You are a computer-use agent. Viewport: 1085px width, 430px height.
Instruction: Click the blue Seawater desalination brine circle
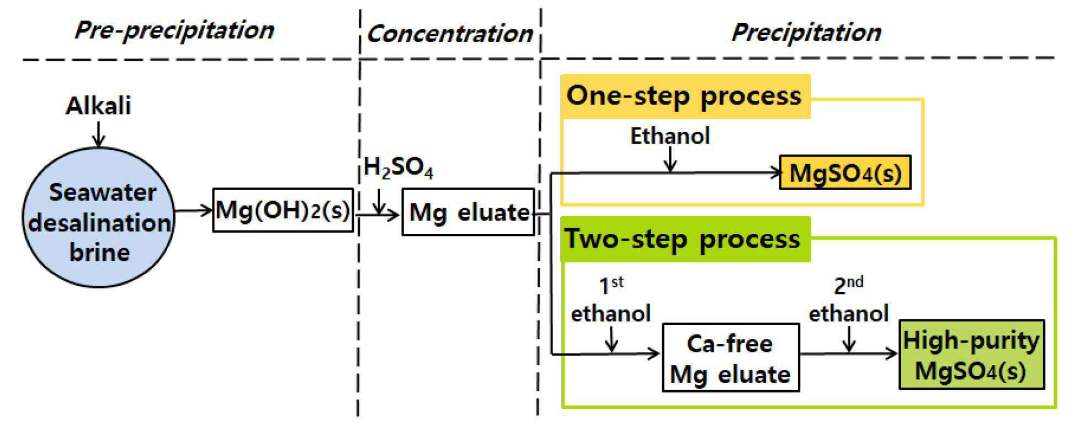point(98,218)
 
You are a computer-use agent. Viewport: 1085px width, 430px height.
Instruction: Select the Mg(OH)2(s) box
point(283,210)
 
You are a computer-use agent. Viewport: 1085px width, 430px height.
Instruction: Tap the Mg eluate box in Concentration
point(468,212)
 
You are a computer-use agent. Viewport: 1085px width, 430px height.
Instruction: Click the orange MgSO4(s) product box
point(844,173)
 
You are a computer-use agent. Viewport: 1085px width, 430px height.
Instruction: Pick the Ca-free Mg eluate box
point(730,358)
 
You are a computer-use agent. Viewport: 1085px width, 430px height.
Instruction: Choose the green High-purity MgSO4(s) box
point(971,355)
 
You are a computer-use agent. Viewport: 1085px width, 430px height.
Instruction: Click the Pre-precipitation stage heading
point(174,30)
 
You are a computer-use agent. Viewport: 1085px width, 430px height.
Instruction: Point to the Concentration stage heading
point(449,33)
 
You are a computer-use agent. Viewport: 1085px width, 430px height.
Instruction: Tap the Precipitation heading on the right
point(806,32)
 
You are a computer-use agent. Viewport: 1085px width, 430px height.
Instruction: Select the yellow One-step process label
point(684,96)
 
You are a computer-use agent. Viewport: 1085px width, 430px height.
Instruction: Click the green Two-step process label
point(683,239)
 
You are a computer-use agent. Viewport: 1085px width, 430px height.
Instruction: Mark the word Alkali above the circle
point(98,106)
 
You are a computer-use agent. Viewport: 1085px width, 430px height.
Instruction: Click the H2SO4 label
point(398,167)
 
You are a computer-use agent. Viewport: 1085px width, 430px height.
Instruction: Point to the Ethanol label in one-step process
point(670,136)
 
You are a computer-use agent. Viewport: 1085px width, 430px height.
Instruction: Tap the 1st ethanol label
point(611,301)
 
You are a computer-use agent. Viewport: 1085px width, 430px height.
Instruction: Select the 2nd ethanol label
point(849,301)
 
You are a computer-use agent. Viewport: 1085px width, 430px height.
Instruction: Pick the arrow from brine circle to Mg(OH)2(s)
point(194,210)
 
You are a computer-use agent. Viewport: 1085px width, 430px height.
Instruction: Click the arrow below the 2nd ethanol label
point(849,339)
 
